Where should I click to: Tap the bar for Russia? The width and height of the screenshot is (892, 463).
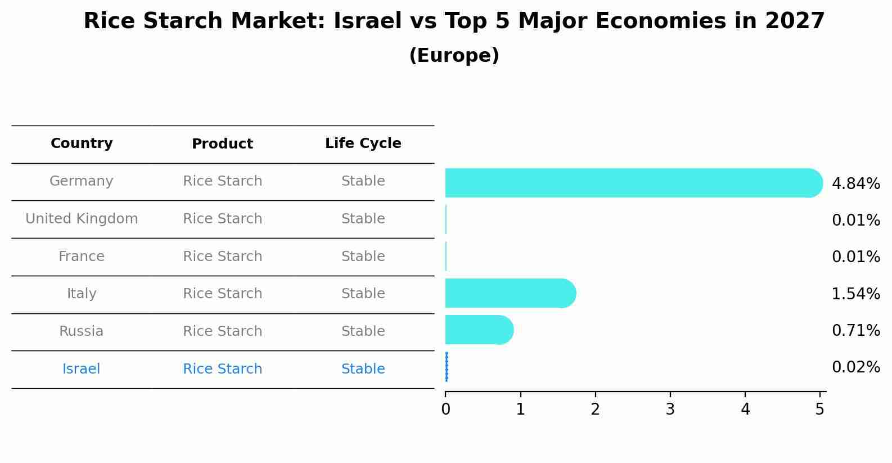[x=479, y=330]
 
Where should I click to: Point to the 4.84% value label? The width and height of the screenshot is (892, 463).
[x=855, y=184]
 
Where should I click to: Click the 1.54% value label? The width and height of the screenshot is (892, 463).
[x=855, y=294]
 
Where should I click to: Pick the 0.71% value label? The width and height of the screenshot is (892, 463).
[x=855, y=330]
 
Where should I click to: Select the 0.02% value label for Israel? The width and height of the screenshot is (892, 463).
[x=855, y=367]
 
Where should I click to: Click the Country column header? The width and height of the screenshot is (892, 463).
[x=82, y=143]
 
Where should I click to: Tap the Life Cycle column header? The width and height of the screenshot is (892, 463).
[x=363, y=143]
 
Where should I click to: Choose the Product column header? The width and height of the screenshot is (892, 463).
[x=222, y=144]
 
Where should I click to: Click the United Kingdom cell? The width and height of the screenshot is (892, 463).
[x=82, y=219]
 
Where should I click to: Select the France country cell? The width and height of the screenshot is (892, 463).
[x=82, y=257]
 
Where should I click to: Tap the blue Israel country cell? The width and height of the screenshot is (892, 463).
[x=82, y=369]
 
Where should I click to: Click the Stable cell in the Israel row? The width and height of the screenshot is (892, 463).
[x=363, y=369]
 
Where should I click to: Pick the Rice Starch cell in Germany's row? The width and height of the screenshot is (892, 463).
[x=222, y=181]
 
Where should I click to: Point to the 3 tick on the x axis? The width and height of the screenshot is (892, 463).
[x=670, y=410]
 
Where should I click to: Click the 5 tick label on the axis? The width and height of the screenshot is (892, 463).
[x=819, y=410]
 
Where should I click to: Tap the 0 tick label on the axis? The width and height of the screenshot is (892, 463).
[x=445, y=410]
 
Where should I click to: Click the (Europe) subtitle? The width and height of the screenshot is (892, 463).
[x=454, y=56]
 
